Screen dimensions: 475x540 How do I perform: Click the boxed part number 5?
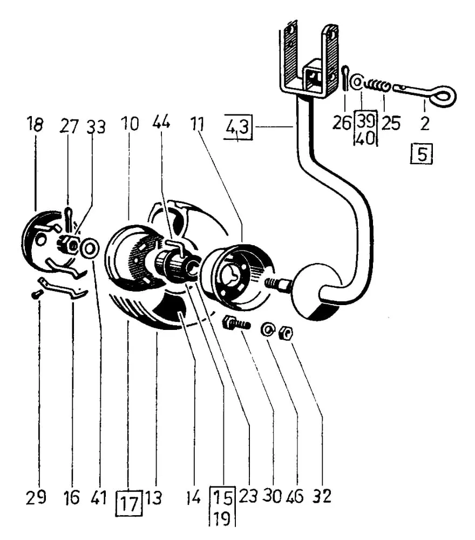[422, 153]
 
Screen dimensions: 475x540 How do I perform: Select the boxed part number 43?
[238, 127]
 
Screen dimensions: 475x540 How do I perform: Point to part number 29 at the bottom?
[36, 497]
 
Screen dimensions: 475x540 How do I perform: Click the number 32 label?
[322, 496]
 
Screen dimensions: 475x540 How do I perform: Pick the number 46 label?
[295, 496]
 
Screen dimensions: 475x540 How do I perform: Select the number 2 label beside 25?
[425, 124]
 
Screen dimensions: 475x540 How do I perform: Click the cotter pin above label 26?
[346, 79]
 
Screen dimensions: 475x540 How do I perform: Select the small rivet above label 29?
[36, 295]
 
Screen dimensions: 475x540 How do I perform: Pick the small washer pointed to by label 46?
[267, 329]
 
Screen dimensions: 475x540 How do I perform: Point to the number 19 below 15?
[222, 519]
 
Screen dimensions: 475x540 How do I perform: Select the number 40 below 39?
[365, 139]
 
